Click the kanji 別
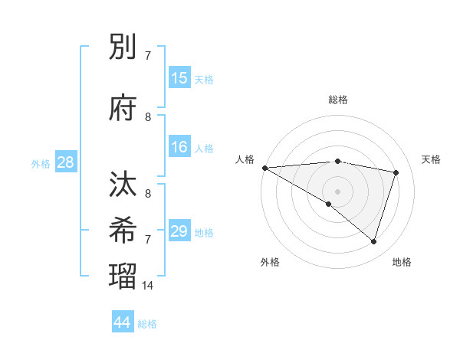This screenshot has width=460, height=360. tap(123, 48)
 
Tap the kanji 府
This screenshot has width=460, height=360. tap(123, 109)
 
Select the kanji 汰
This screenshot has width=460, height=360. tap(123, 186)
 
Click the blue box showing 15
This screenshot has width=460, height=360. tap(179, 79)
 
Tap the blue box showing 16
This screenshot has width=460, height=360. tap(179, 147)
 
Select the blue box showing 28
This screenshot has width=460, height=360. tap(65, 163)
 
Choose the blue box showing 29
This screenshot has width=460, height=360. tap(179, 231)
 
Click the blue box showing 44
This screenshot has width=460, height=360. tap(123, 322)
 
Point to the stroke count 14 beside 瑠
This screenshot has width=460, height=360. tap(148, 286)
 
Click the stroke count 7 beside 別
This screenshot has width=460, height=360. tap(148, 56)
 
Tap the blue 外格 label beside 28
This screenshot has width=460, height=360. tap(41, 164)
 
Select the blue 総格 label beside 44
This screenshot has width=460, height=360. tap(147, 324)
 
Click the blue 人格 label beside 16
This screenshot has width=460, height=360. tap(204, 149)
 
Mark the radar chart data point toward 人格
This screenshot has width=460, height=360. tap(264, 168)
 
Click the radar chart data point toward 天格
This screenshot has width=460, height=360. tap(396, 172)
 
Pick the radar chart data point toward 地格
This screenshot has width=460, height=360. tap(373, 242)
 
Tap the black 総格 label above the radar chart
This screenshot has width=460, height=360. tap(338, 100)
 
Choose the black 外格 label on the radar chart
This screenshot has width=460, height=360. tap(270, 262)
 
